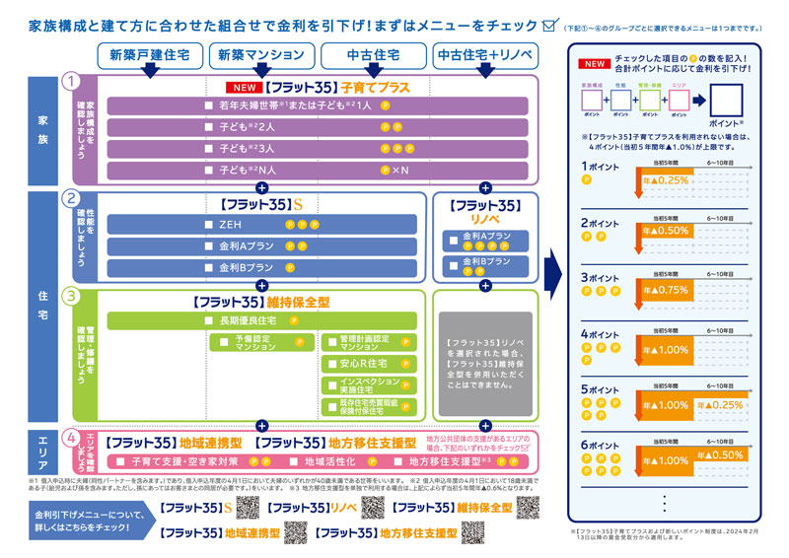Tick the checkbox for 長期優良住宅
(x=208, y=320)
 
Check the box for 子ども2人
(x=208, y=127)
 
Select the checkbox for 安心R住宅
(x=330, y=363)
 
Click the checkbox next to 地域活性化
(x=293, y=461)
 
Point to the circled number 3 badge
(x=70, y=295)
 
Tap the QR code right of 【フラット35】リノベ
(x=373, y=508)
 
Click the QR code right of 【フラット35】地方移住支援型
(x=472, y=532)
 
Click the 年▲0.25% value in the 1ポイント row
(x=666, y=180)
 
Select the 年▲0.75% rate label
(x=666, y=292)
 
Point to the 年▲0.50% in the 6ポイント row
(x=723, y=455)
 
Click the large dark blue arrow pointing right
(x=552, y=267)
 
